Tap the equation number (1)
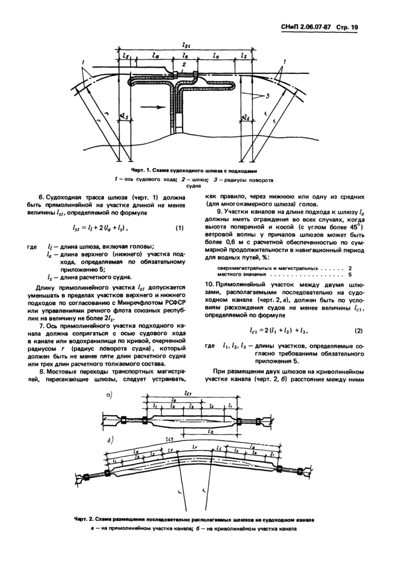[x=179, y=228]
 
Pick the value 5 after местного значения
[x=350, y=274]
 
